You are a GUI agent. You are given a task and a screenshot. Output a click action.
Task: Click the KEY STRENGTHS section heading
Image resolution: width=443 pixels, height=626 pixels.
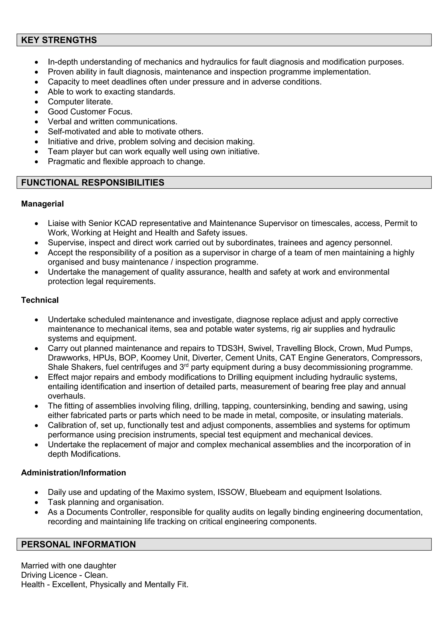click(59, 40)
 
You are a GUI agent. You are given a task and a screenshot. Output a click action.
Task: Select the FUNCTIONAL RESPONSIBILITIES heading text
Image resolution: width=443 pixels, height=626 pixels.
click(93, 182)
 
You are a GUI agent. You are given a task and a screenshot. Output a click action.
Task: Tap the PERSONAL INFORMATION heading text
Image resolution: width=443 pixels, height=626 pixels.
click(78, 544)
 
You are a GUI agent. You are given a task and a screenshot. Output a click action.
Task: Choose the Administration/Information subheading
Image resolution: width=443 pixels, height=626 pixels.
click(73, 473)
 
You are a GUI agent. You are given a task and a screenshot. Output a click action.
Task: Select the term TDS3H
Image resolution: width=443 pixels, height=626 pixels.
click(231, 348)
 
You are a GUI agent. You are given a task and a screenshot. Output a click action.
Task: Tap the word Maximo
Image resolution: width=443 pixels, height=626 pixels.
click(169, 492)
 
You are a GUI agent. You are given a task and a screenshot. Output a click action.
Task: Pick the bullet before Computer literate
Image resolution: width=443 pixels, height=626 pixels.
click(37, 102)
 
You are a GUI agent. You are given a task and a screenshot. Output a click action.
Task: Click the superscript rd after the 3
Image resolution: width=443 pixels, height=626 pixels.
click(186, 365)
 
